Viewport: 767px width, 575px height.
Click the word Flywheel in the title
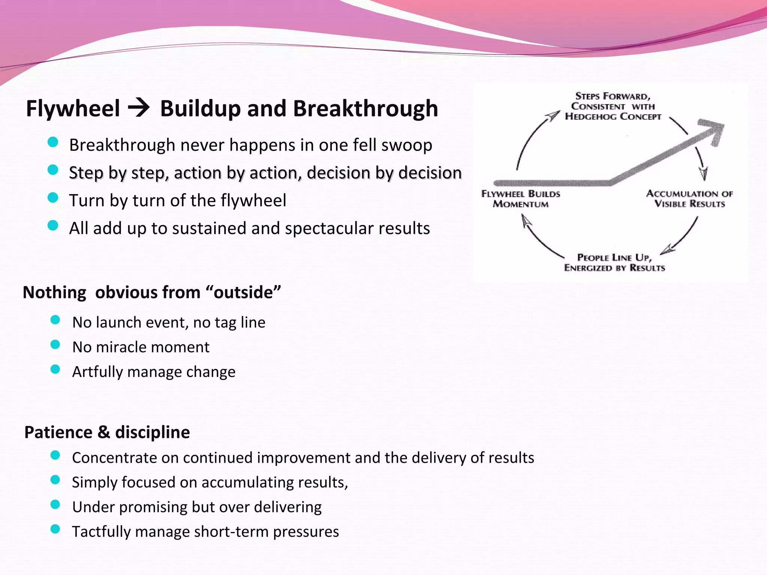pyautogui.click(x=73, y=109)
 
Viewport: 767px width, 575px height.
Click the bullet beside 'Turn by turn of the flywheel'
pyautogui.click(x=53, y=197)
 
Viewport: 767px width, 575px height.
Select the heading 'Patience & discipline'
pyautogui.click(x=107, y=432)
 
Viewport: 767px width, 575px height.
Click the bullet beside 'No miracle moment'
pyautogui.click(x=55, y=344)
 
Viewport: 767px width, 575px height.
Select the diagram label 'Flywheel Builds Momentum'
pyautogui.click(x=521, y=199)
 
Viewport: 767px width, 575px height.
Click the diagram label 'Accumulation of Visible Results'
pyautogui.click(x=689, y=199)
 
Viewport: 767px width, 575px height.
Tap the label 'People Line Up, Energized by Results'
pyautogui.click(x=614, y=262)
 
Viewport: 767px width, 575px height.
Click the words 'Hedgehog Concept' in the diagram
pyautogui.click(x=613, y=117)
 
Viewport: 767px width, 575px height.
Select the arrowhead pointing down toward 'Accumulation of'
pyautogui.click(x=703, y=173)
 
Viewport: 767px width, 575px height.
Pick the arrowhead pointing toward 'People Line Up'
pyautogui.click(x=667, y=250)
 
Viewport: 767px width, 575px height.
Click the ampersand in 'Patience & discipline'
pyautogui.click(x=104, y=432)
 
